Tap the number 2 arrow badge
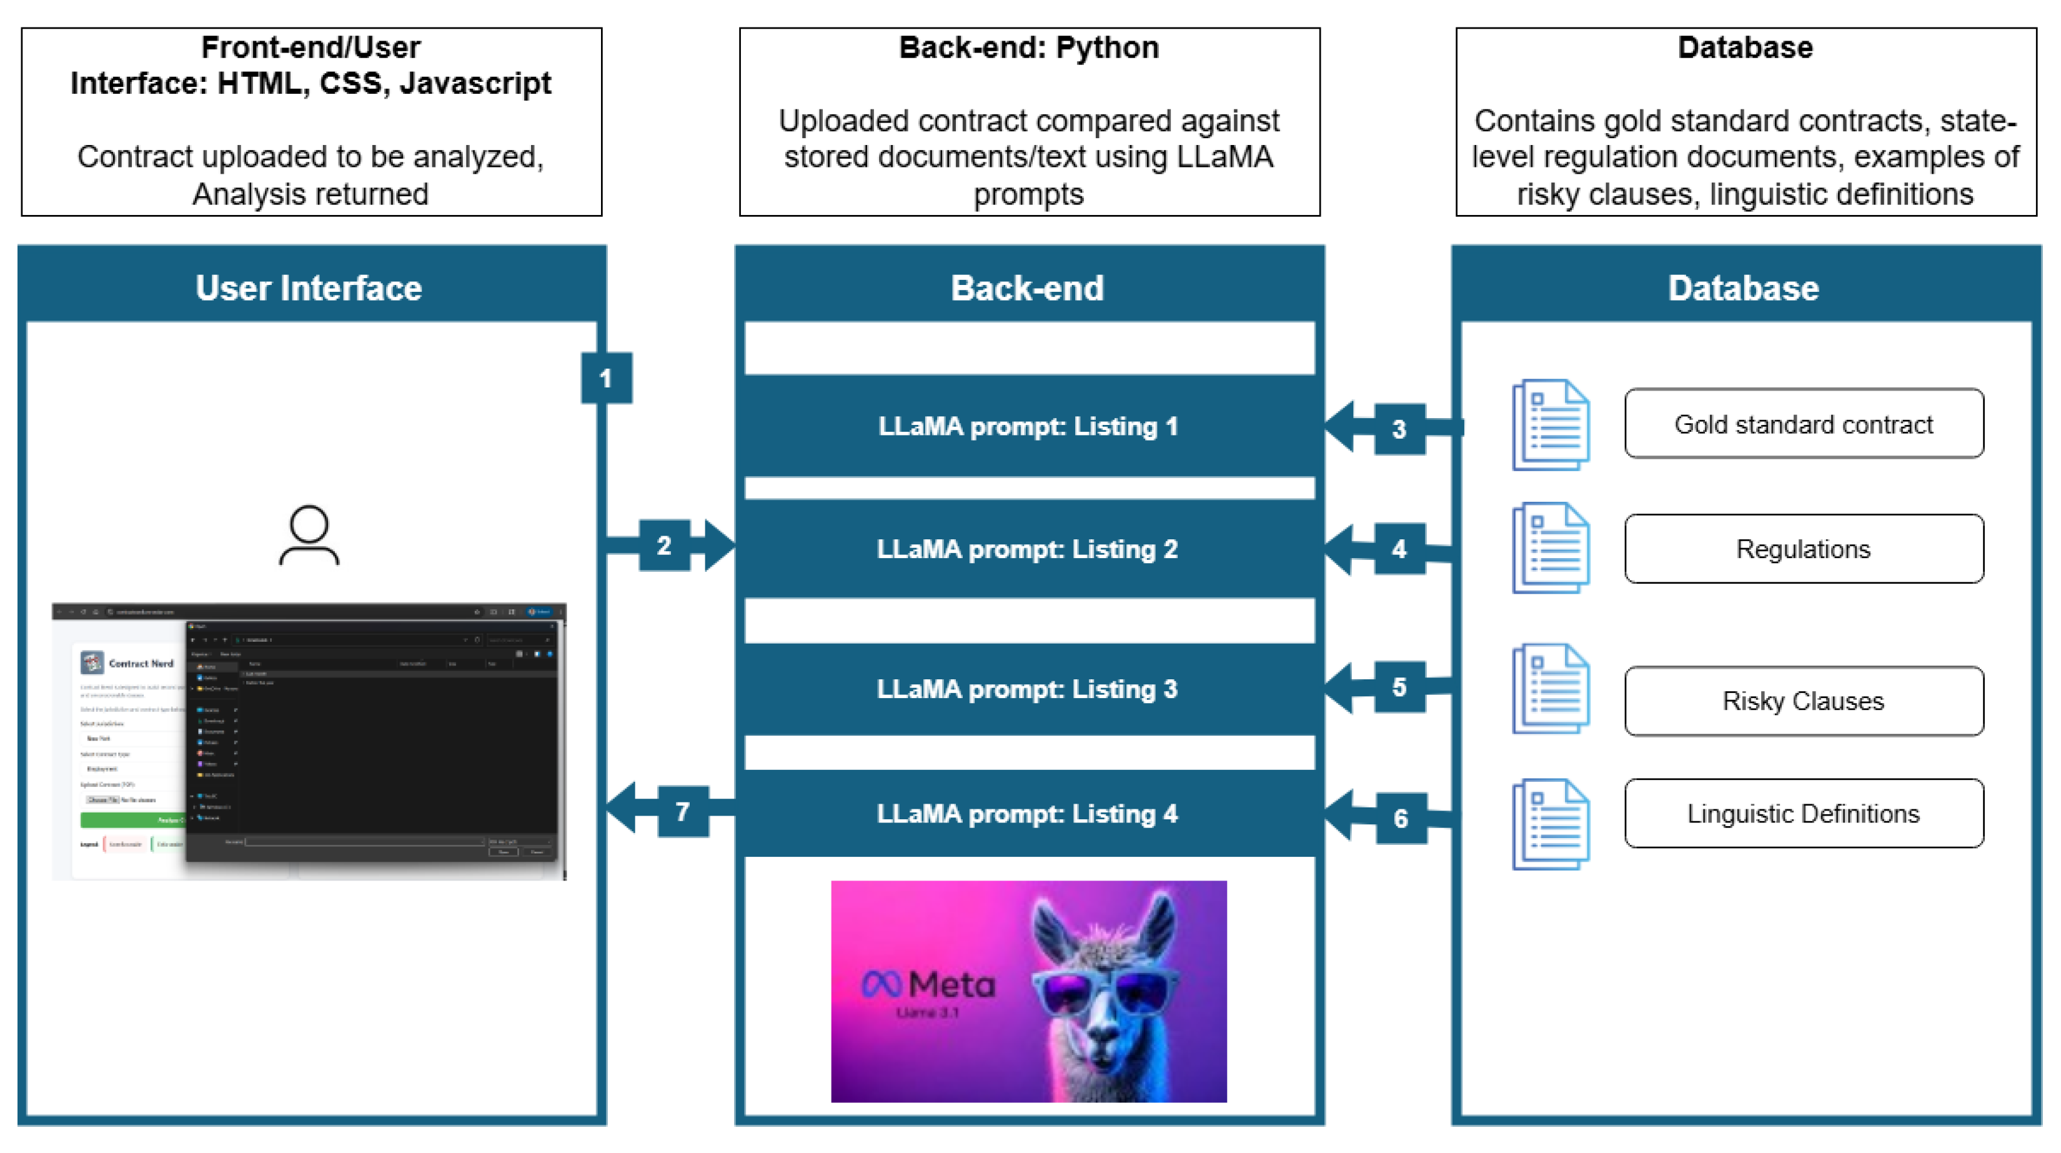[664, 546]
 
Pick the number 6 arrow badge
[1400, 818]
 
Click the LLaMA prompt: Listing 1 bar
[1028, 426]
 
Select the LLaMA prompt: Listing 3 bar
[1028, 689]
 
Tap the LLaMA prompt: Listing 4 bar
[1028, 814]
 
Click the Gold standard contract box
[1804, 424]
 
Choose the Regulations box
[1804, 549]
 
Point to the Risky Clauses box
[1804, 701]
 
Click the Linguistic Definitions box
[1804, 814]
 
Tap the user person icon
[309, 534]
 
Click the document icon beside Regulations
[1550, 548]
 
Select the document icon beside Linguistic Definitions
[1550, 824]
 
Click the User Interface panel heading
[309, 288]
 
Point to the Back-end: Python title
[1029, 48]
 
